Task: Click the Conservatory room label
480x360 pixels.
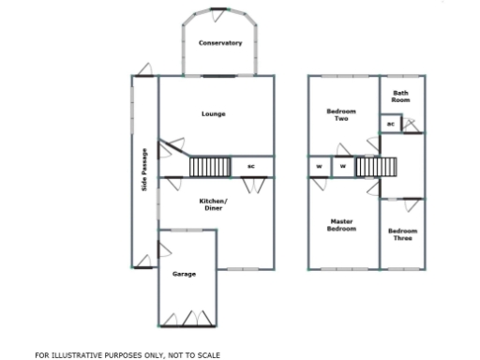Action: tap(220, 43)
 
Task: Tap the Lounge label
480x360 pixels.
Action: tap(214, 114)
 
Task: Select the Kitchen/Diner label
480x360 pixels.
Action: tap(214, 204)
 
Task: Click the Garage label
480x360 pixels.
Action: tap(184, 274)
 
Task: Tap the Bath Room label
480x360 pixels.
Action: tap(401, 96)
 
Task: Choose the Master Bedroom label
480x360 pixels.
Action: tap(341, 226)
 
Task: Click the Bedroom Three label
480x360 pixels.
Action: tap(402, 234)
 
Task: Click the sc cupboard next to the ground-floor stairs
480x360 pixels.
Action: tap(251, 167)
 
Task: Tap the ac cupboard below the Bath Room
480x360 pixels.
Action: tap(390, 124)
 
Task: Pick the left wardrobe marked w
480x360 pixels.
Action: tap(319, 167)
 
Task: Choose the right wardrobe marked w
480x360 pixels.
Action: tap(342, 167)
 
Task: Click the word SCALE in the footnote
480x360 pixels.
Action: tap(206, 355)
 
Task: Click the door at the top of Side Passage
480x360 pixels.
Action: tap(142, 71)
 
